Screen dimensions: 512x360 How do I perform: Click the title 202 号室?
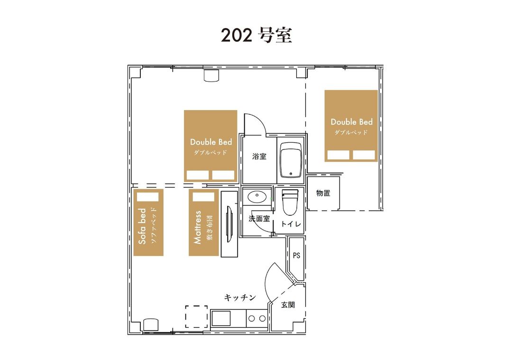pyautogui.click(x=256, y=35)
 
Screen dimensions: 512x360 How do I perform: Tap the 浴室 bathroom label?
pyautogui.click(x=259, y=157)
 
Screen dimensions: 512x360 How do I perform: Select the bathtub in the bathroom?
pyautogui.click(x=291, y=159)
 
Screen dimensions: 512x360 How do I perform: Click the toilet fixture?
pyautogui.click(x=290, y=203)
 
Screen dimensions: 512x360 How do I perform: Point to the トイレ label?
pyautogui.click(x=291, y=224)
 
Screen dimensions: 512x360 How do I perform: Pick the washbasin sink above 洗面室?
pyautogui.click(x=257, y=196)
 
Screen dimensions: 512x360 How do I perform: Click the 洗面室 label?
pyautogui.click(x=259, y=219)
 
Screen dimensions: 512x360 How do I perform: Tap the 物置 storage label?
pyautogui.click(x=323, y=193)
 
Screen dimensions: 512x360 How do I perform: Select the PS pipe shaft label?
pyautogui.click(x=296, y=256)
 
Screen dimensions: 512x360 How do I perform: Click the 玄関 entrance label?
pyautogui.click(x=288, y=305)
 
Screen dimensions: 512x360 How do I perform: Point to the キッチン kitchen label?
pyautogui.click(x=240, y=297)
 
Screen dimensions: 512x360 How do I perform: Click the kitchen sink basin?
pyautogui.click(x=221, y=319)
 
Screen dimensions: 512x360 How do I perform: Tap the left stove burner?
pyautogui.click(x=252, y=319)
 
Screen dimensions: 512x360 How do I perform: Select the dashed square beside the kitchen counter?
pyautogui.click(x=197, y=316)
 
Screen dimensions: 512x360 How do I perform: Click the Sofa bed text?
pyautogui.click(x=142, y=226)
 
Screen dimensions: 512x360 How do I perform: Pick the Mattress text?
pyautogui.click(x=197, y=227)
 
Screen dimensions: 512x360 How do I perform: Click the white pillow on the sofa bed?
pyautogui.click(x=147, y=197)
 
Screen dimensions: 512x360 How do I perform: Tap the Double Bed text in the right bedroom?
pyautogui.click(x=351, y=122)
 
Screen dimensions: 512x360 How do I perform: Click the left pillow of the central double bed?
pyautogui.click(x=198, y=175)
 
